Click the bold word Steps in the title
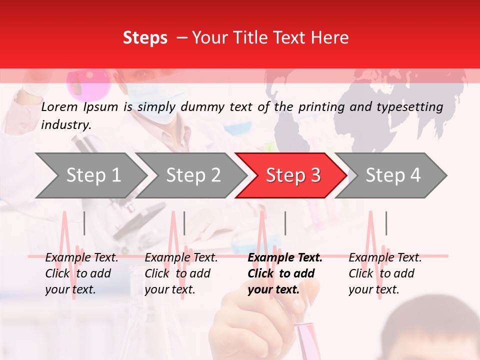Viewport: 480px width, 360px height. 145,38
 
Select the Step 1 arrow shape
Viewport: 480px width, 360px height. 93,175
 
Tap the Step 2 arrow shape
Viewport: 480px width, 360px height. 193,175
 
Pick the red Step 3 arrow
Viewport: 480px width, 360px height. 293,175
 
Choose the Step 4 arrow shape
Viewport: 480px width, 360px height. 393,175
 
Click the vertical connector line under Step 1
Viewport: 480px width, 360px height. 84,223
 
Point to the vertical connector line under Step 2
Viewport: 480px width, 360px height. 184,223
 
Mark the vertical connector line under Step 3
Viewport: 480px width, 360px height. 285,223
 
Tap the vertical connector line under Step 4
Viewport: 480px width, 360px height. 386,223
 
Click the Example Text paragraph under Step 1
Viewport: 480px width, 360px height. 81,273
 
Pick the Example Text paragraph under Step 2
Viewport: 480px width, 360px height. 180,273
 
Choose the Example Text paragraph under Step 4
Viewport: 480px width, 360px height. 384,273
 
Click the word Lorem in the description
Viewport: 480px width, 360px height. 59,106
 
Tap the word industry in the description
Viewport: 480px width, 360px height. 65,125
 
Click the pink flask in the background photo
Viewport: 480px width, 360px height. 88,82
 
